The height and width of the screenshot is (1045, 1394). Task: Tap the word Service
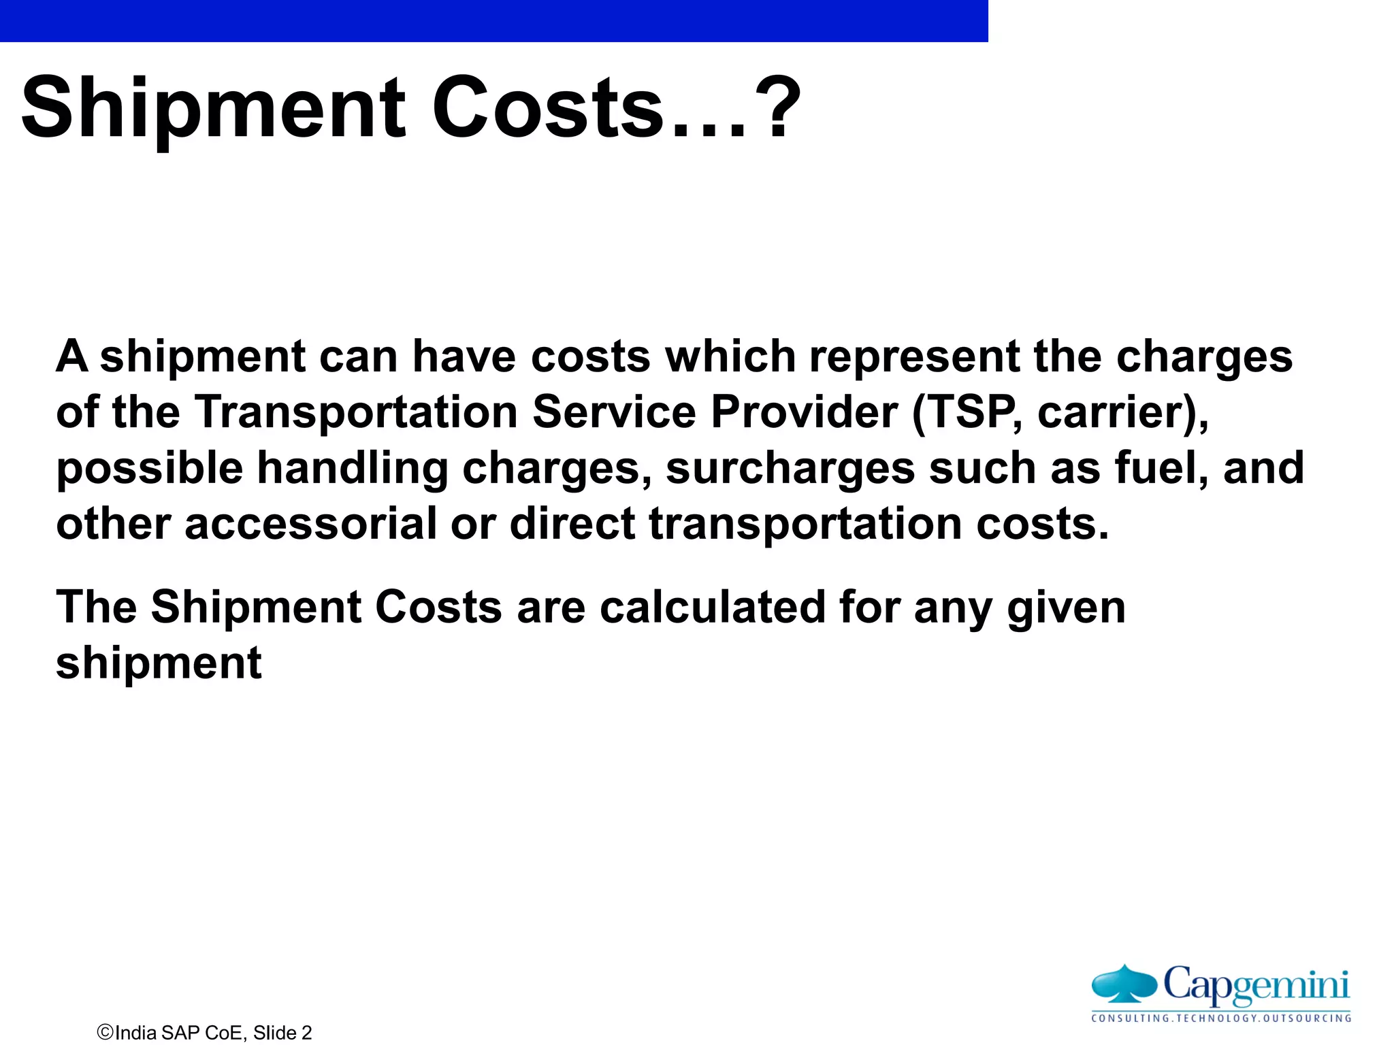point(614,412)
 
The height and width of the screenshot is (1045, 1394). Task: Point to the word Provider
point(804,412)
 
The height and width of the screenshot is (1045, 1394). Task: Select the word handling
point(352,469)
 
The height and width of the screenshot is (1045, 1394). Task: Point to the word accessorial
point(310,524)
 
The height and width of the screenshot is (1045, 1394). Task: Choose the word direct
point(572,524)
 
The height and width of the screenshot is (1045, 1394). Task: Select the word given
point(1067,608)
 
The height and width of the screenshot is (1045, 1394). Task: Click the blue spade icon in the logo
point(1124,983)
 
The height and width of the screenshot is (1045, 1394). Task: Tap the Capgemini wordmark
point(1256,984)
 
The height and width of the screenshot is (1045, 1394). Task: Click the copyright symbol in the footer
point(106,1032)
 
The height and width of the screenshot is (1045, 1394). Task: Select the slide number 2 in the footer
point(306,1033)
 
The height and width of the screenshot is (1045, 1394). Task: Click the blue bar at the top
point(493,20)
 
